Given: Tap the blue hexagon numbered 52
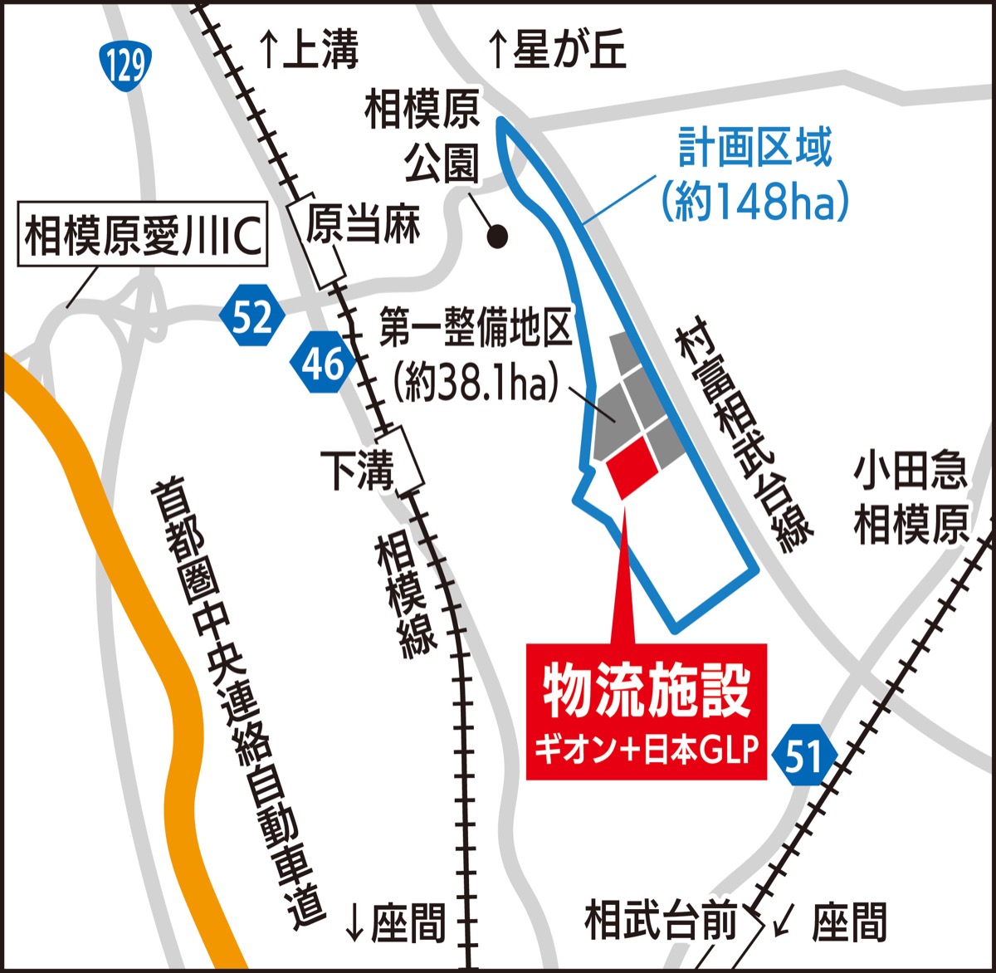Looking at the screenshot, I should pyautogui.click(x=252, y=316).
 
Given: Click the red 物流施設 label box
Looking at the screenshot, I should pyautogui.click(x=647, y=711).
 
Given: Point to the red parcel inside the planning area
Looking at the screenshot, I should pyautogui.click(x=632, y=467).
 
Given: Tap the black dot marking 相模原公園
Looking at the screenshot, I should pyautogui.click(x=497, y=237).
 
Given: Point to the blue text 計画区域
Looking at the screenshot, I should pyautogui.click(x=755, y=149).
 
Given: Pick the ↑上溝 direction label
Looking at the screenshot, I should pyautogui.click(x=309, y=50).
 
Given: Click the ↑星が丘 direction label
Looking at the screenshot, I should pyautogui.click(x=556, y=50).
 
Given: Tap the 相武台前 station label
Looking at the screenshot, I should pyautogui.click(x=661, y=921).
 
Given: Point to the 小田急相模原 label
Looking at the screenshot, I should pyautogui.click(x=911, y=498).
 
